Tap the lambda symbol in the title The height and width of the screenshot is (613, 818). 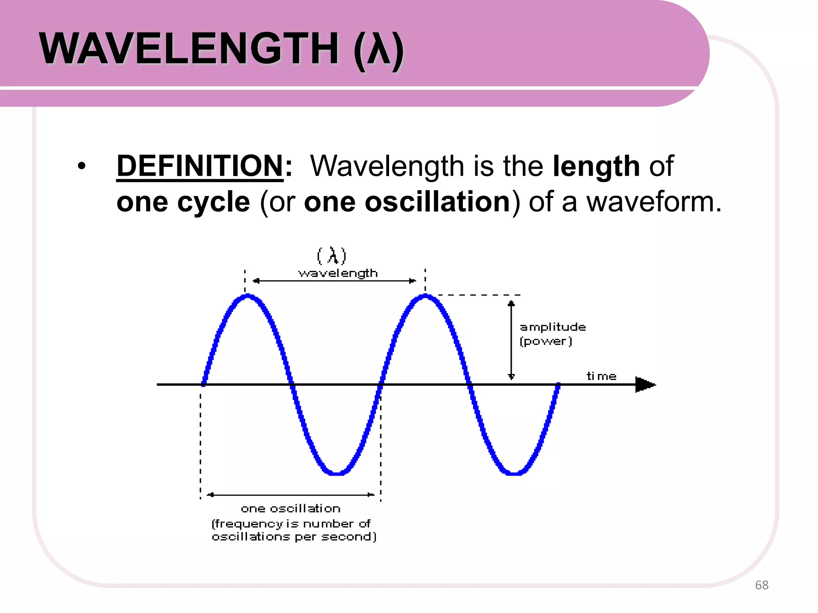pos(379,49)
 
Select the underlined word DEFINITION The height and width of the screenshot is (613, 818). pos(200,166)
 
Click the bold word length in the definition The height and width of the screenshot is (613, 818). pos(596,166)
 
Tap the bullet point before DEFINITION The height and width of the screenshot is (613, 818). pos(82,166)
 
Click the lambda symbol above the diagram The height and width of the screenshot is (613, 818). pos(332,255)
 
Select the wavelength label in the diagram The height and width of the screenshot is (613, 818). pos(338,273)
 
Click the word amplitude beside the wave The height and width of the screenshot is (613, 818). pos(553,327)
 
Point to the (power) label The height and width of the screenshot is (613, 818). pos(546,342)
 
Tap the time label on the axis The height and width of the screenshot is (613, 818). pos(601,376)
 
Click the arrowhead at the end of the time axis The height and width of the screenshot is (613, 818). pos(645,385)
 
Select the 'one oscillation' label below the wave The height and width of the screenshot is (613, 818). pos(290,508)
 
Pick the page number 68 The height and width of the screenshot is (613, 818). pos(761,585)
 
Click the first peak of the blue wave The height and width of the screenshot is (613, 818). pos(248,297)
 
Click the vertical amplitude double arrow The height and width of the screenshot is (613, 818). pos(511,339)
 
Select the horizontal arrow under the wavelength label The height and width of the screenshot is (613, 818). pos(335,281)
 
